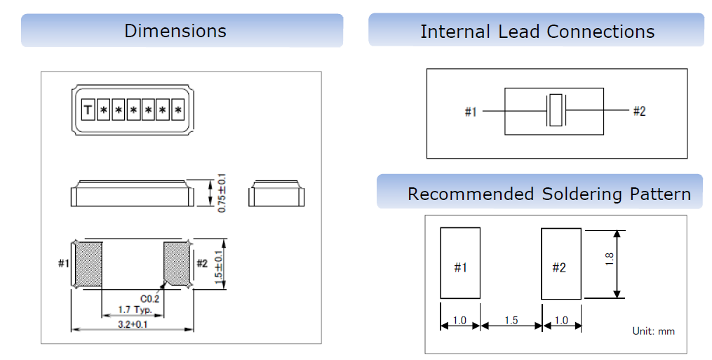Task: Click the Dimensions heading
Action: [175, 31]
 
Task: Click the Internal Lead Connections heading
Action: [537, 32]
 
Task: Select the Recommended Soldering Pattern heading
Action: [549, 194]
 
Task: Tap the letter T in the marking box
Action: [88, 109]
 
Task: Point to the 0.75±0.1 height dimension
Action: [222, 190]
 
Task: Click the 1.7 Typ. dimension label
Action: [133, 309]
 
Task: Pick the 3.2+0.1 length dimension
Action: [132, 324]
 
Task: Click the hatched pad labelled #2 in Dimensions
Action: [176, 263]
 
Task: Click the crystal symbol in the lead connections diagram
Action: [556, 110]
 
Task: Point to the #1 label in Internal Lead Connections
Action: [471, 112]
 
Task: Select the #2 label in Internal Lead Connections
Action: [639, 111]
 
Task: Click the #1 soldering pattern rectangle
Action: [460, 263]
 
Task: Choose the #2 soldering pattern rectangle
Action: [560, 263]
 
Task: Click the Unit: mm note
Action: [653, 331]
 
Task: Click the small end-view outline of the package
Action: [277, 194]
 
